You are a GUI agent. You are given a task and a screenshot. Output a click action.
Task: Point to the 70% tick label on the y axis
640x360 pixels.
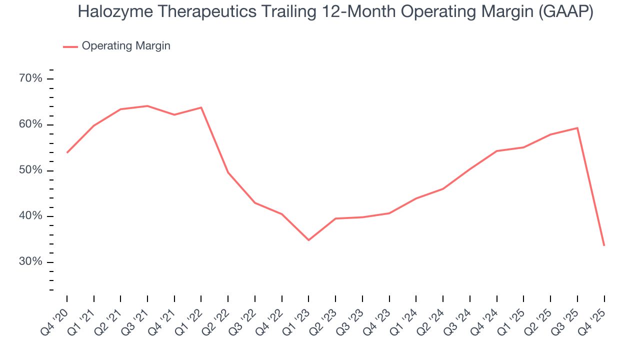click(x=30, y=78)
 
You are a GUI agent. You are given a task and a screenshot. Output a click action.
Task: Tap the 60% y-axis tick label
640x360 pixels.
click(x=30, y=124)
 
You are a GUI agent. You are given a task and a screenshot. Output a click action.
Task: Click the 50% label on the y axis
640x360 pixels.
click(x=30, y=170)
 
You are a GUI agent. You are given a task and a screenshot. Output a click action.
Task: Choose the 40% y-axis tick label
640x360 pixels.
click(x=30, y=216)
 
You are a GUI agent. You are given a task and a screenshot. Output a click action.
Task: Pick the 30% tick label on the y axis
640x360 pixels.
click(x=30, y=262)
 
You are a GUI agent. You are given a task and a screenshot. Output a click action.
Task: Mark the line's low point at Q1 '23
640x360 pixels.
click(x=308, y=240)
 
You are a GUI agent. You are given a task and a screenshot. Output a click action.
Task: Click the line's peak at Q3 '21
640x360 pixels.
click(x=147, y=106)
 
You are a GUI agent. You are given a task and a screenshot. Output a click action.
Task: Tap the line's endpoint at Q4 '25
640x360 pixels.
click(x=604, y=245)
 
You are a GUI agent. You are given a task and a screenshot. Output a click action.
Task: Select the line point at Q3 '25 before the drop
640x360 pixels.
click(x=577, y=128)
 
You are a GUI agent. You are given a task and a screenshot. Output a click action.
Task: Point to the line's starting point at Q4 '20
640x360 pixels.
click(x=67, y=152)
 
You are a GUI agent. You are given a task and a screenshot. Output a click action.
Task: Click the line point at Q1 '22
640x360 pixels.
click(x=201, y=107)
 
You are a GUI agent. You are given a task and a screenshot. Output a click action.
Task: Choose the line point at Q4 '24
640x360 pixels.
click(x=497, y=151)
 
